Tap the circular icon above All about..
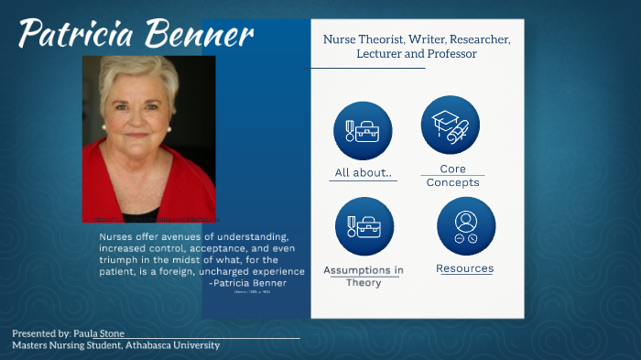click(363, 131)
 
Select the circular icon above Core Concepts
click(451, 125)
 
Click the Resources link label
click(464, 268)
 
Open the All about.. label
click(363, 173)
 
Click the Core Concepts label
click(452, 176)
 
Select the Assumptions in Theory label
click(363, 276)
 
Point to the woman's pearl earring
click(104, 127)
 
